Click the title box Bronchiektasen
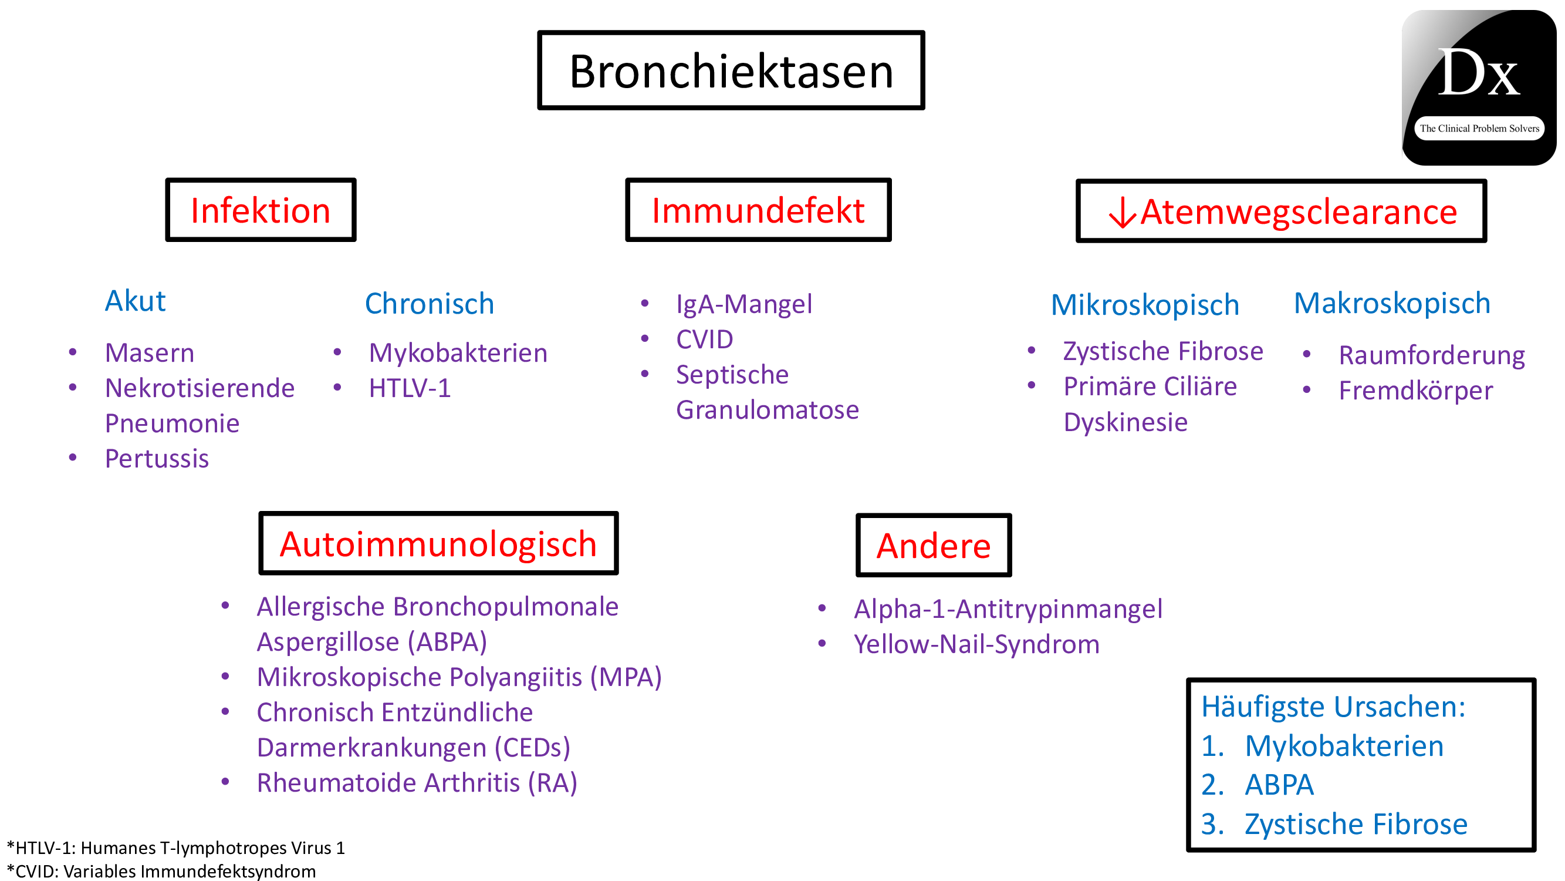point(730,70)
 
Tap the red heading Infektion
point(260,210)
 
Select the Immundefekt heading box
point(758,210)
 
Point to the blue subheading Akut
point(135,301)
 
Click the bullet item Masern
point(150,353)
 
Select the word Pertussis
point(157,459)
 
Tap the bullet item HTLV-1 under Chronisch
point(410,388)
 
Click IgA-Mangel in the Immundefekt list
point(743,304)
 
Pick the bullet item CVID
point(704,339)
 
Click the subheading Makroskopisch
point(1391,304)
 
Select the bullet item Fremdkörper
point(1415,391)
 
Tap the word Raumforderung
point(1431,356)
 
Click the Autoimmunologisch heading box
point(438,543)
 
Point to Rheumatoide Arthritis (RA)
point(417,783)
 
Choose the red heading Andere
point(933,546)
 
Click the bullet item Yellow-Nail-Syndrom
point(976,644)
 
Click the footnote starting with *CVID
point(161,871)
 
